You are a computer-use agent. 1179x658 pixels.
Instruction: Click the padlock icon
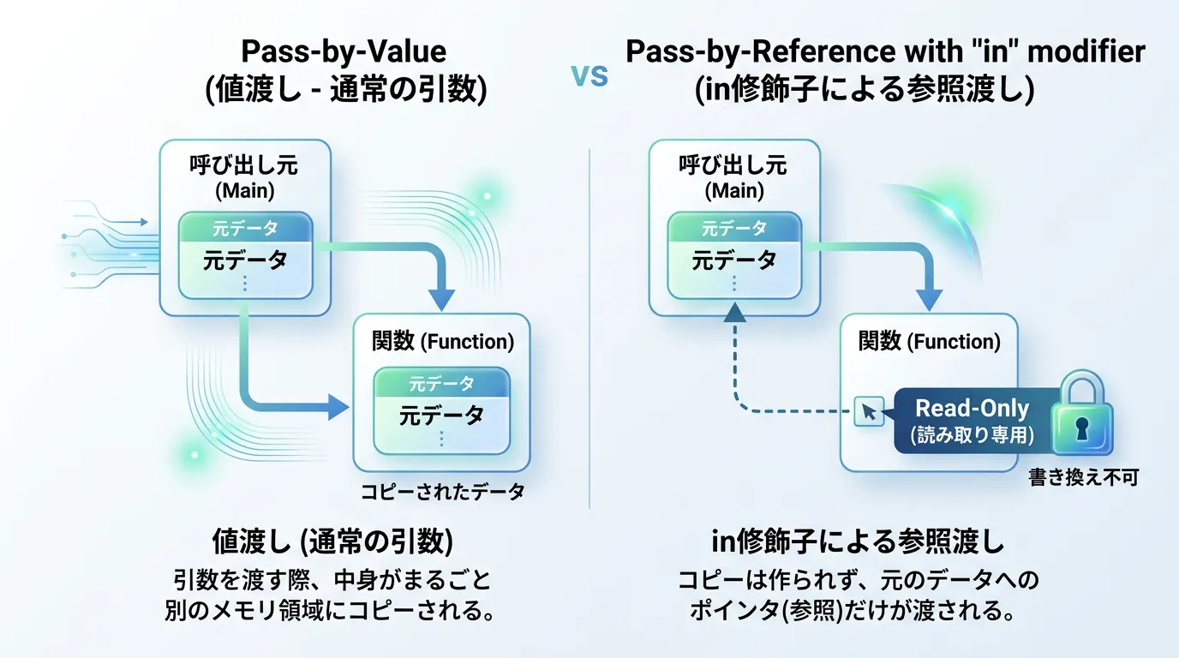tap(1081, 412)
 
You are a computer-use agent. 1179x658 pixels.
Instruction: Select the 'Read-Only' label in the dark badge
tap(972, 409)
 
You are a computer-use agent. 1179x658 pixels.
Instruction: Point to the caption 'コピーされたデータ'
tap(441, 493)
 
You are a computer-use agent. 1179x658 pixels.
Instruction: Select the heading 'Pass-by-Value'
tap(344, 51)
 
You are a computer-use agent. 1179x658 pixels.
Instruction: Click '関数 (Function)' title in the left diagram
tap(442, 342)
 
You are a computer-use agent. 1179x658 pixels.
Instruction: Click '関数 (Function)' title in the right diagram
tap(929, 342)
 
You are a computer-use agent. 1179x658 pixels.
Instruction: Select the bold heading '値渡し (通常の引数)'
tap(332, 542)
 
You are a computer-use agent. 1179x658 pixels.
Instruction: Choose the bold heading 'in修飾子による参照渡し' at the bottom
tap(858, 542)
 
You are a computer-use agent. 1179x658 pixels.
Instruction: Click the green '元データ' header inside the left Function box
tap(441, 384)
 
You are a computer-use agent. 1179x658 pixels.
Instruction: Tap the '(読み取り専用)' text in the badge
tap(972, 434)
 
